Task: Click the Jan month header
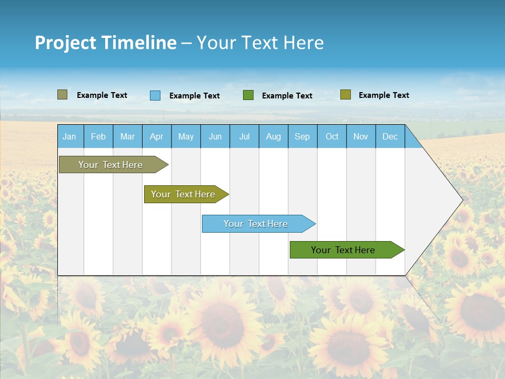click(69, 136)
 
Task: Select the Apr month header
click(156, 136)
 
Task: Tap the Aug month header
click(273, 136)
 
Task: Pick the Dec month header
click(390, 136)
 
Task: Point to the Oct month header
click(331, 136)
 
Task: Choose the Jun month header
click(215, 136)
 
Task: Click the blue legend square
click(155, 95)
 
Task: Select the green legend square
click(248, 95)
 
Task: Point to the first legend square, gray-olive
click(62, 95)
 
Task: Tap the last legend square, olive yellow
click(345, 95)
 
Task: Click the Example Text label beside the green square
click(287, 96)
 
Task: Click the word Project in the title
click(65, 43)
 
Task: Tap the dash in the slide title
click(186, 43)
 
